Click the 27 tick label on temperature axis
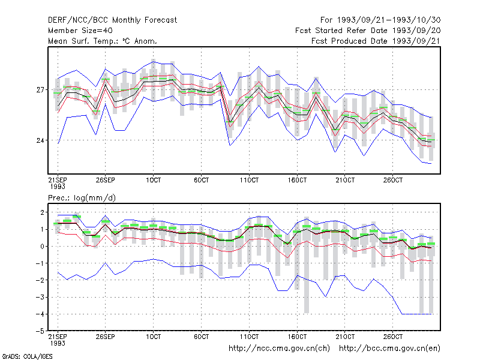pos(40,89)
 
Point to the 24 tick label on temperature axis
pos(40,140)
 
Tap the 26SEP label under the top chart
pos(106,180)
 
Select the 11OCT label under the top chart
pos(249,180)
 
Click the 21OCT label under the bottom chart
pos(345,337)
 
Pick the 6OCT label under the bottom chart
pos(201,337)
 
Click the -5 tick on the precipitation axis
pos(40,331)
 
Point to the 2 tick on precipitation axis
pos(42,212)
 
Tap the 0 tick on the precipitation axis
pos(42,246)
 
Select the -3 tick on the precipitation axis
pos(40,297)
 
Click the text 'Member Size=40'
pos(80,31)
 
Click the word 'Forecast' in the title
pos(161,20)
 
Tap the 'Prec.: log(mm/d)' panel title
pos(82,198)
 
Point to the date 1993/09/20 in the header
pos(416,31)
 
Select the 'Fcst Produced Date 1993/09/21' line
pos(376,41)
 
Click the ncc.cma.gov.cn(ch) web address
pos(279,349)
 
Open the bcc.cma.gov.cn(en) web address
pos(389,349)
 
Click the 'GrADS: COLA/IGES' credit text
pos(27,356)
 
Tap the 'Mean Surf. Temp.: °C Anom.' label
pos(103,41)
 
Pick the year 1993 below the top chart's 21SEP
pos(58,187)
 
